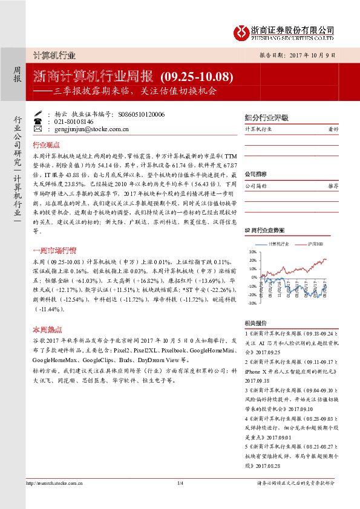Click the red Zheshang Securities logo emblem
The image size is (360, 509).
coord(243,32)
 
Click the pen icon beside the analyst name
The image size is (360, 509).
coord(38,114)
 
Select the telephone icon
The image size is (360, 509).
coord(38,121)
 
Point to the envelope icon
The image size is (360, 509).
coord(38,129)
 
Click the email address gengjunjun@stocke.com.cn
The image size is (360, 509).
coord(87,129)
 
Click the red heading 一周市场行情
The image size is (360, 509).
coord(54,250)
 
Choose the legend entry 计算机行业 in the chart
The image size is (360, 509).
coord(278,244)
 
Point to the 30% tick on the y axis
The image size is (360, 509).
coord(252,251)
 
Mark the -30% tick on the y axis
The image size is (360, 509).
coord(252,303)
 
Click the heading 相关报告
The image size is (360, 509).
coord(255,324)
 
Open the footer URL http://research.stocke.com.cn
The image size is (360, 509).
coord(54,483)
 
